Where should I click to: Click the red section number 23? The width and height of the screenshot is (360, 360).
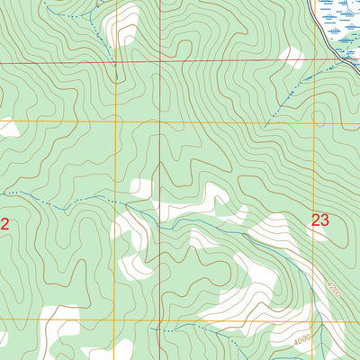click(x=319, y=220)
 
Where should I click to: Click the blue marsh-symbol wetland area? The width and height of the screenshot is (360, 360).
click(x=340, y=22)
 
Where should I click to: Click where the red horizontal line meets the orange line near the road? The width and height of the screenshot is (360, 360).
click(x=314, y=63)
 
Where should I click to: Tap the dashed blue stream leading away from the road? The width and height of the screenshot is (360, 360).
click(x=288, y=91)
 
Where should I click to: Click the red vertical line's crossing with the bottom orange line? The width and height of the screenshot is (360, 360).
click(x=162, y=319)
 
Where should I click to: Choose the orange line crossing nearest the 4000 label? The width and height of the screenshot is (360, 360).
click(x=314, y=319)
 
